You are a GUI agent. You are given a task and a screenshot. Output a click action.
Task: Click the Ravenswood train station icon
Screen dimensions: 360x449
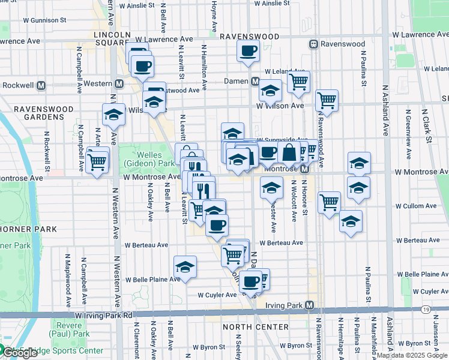click(313, 44)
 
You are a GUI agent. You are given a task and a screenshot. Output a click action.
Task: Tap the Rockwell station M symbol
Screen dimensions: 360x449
click(41, 85)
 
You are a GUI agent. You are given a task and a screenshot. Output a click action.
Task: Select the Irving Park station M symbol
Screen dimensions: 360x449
click(309, 305)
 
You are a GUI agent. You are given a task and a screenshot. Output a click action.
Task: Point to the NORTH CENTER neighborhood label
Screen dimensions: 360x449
click(248, 327)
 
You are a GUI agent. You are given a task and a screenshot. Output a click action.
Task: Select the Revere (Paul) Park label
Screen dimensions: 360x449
click(75, 329)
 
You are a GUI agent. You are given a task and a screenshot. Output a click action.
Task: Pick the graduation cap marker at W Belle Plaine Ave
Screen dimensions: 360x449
click(185, 267)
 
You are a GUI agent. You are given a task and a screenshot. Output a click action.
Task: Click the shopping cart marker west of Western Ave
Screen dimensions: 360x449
click(97, 161)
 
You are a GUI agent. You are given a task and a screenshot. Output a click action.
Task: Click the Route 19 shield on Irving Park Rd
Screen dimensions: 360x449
click(426, 310)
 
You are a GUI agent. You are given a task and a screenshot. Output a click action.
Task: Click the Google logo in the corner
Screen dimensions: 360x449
click(20, 353)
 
